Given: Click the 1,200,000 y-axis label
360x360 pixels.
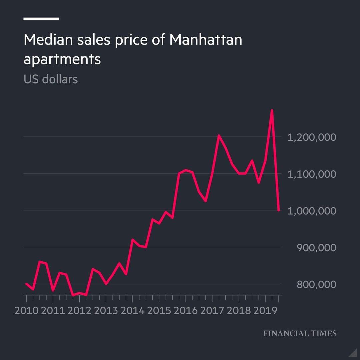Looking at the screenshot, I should click(312, 137).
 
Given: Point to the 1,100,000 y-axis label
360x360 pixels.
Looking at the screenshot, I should click(312, 174).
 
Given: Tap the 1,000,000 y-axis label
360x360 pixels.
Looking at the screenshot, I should click(312, 211).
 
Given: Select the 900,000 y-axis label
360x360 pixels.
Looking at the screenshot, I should click(316, 248).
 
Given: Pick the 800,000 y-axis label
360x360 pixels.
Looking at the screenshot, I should click(316, 285).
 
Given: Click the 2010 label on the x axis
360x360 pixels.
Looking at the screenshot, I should click(26, 310).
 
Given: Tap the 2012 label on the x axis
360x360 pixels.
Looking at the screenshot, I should click(79, 310).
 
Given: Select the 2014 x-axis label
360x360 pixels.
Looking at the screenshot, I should click(132, 310).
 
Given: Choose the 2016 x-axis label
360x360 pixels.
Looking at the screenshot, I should click(185, 310).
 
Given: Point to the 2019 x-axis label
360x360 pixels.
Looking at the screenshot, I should click(265, 310).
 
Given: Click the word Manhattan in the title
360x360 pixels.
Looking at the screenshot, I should click(206, 40).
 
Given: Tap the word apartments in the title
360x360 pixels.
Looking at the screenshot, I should click(62, 60).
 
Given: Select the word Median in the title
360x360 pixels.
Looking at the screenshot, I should click(47, 40).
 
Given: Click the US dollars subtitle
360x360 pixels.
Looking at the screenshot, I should click(51, 79).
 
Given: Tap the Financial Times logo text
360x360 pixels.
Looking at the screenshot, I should click(300, 333).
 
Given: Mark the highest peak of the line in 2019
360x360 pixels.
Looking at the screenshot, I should click(272, 110).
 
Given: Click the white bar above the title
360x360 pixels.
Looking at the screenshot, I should click(41, 19).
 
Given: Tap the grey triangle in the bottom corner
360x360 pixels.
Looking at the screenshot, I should click(353, 353).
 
